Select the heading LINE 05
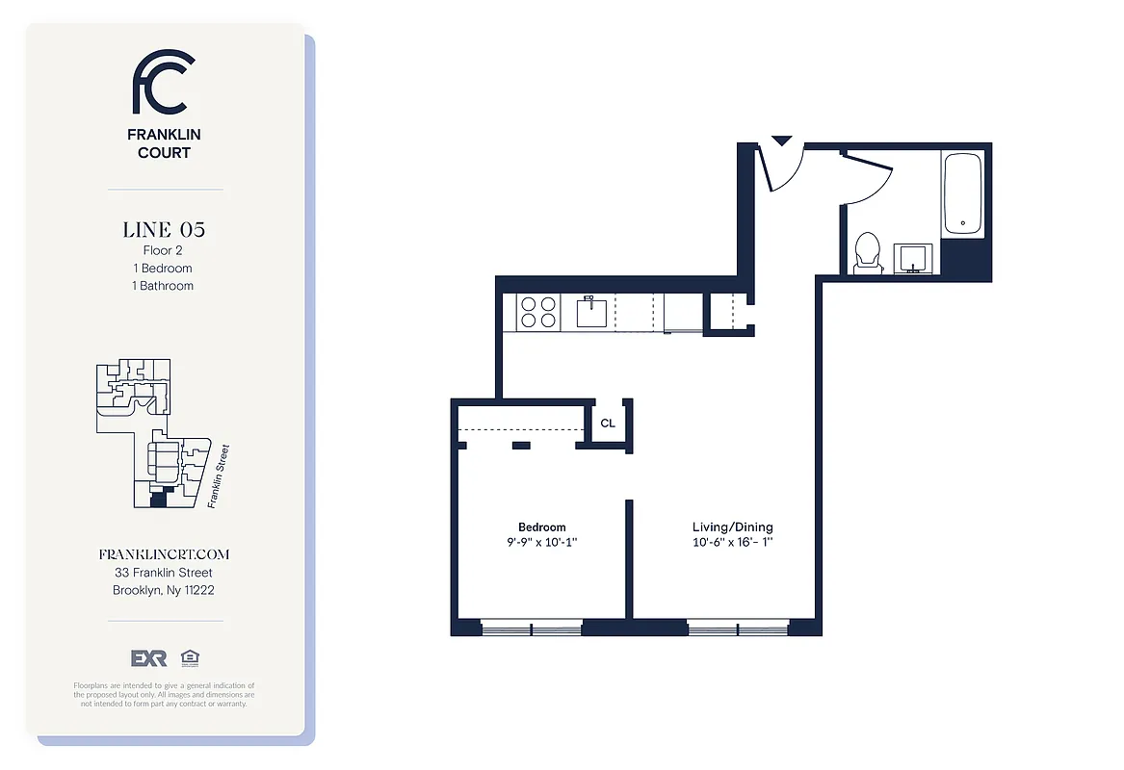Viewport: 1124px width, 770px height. (164, 230)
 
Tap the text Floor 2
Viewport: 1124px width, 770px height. (163, 251)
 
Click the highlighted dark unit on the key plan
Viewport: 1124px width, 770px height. (158, 500)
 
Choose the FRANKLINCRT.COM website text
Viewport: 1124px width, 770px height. (164, 555)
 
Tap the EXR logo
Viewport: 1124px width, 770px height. (149, 658)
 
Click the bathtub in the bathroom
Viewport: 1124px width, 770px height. (962, 194)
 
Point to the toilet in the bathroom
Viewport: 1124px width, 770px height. (867, 252)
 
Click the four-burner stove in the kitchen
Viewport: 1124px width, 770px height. (538, 312)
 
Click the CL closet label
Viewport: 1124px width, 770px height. (608, 423)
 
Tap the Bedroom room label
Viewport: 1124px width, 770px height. (542, 526)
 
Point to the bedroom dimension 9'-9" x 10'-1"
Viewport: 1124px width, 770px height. (542, 542)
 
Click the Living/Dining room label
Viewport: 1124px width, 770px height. (732, 526)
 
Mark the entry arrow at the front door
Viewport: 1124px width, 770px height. (781, 141)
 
